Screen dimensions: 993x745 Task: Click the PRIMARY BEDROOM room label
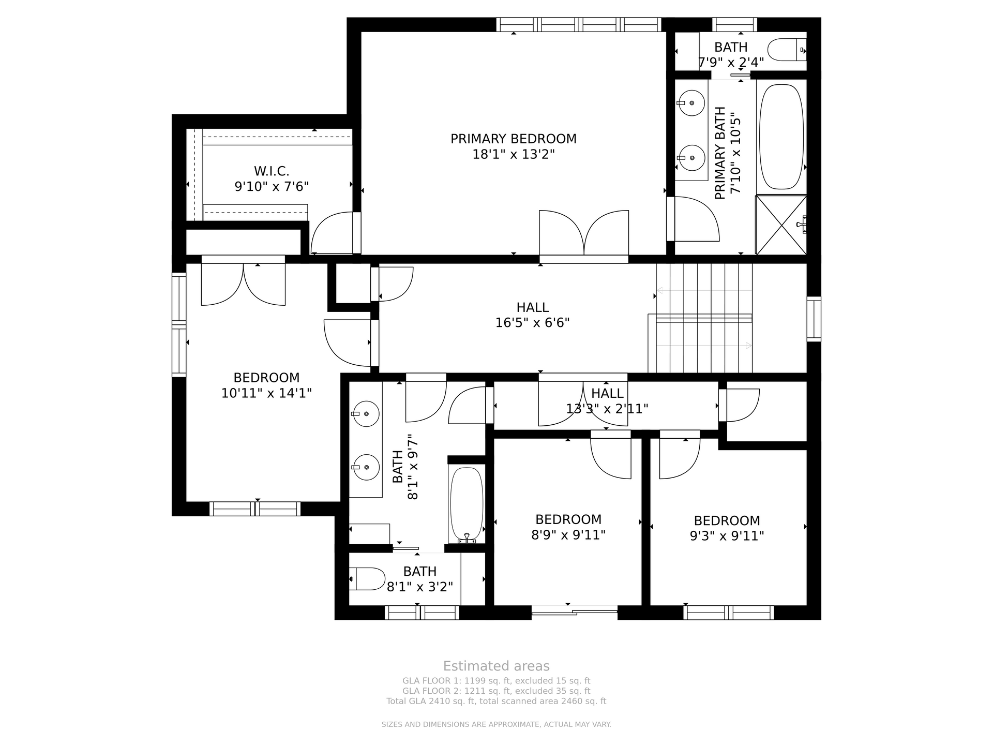[513, 139]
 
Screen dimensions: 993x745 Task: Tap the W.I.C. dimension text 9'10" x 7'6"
[272, 186]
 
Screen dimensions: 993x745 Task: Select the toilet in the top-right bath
[787, 50]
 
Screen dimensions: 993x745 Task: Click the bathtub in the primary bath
[781, 137]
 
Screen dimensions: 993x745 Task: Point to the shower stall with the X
[781, 225]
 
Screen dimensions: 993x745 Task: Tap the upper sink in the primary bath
[691, 103]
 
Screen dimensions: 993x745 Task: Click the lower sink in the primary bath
[691, 158]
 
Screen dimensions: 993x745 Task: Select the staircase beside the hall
[704, 318]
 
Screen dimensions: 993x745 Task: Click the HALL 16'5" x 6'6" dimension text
[532, 323]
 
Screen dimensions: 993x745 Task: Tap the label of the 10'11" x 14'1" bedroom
[266, 378]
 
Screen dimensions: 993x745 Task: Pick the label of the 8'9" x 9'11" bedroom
[568, 519]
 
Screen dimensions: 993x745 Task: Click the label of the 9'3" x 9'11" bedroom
[727, 520]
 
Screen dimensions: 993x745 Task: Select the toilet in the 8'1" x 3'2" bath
[367, 579]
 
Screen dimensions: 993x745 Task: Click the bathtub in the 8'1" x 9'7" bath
[467, 505]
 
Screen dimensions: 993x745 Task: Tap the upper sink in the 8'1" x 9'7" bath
[366, 414]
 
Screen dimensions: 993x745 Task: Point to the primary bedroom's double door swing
[584, 232]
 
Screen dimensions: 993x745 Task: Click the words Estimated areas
[496, 666]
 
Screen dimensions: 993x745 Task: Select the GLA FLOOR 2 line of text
[496, 691]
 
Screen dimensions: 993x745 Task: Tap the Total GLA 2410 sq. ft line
[496, 701]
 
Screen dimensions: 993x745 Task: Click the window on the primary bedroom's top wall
[579, 24]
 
